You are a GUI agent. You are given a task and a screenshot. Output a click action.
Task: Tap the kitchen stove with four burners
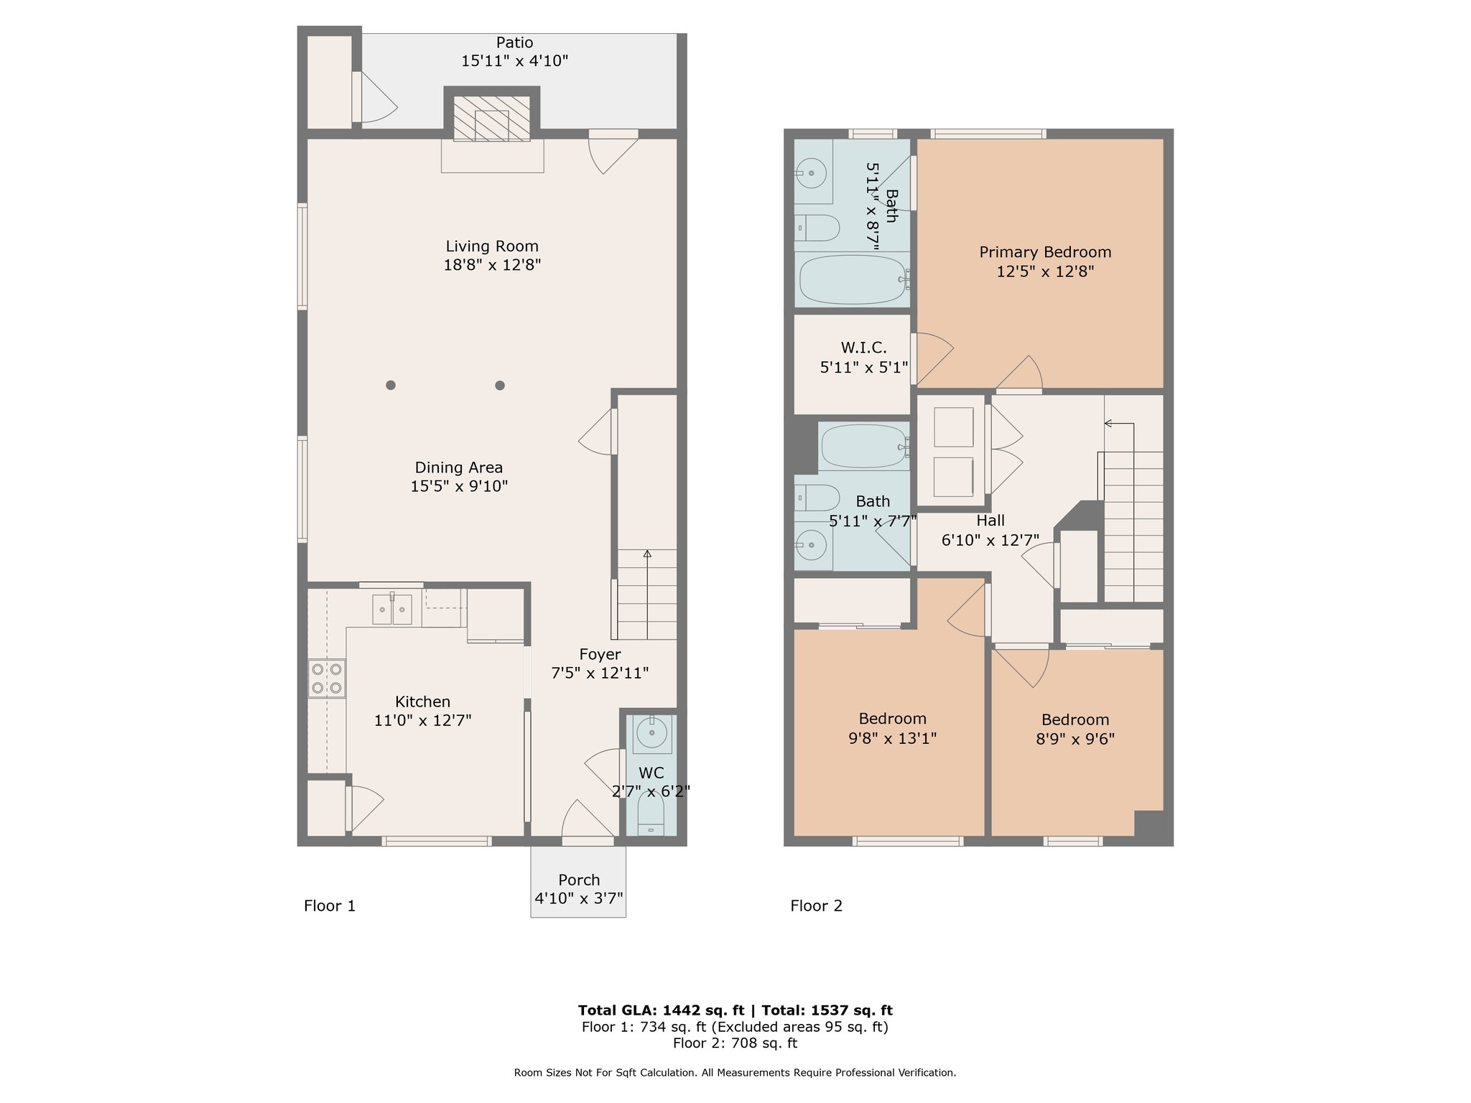327,679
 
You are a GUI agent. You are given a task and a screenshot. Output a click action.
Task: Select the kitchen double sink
392,610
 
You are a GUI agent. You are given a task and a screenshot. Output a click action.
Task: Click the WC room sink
652,733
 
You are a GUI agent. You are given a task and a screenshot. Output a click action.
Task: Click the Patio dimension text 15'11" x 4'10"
514,61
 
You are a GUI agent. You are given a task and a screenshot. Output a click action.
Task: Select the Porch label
579,880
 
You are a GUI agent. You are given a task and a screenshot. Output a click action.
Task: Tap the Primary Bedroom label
1045,252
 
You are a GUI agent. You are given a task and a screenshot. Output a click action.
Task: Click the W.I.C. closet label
863,348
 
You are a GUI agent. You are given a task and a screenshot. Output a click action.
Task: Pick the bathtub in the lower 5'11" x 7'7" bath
865,447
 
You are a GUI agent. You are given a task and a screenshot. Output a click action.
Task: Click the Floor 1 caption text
330,906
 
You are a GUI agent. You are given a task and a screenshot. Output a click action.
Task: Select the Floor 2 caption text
816,906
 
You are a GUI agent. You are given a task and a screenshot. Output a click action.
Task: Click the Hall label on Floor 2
990,521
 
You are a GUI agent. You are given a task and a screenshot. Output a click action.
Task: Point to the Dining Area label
459,467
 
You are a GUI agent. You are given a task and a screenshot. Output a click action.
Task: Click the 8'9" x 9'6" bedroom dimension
1075,739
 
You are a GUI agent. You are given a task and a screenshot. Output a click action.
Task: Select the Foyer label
600,654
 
